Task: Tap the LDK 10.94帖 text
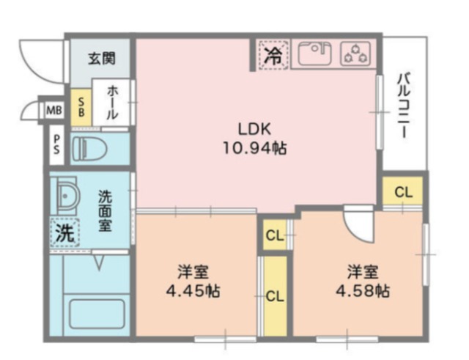click(x=254, y=138)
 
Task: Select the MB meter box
click(x=53, y=111)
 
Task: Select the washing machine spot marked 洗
click(x=64, y=234)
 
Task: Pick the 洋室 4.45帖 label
click(x=192, y=281)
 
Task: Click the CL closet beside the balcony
click(x=403, y=193)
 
